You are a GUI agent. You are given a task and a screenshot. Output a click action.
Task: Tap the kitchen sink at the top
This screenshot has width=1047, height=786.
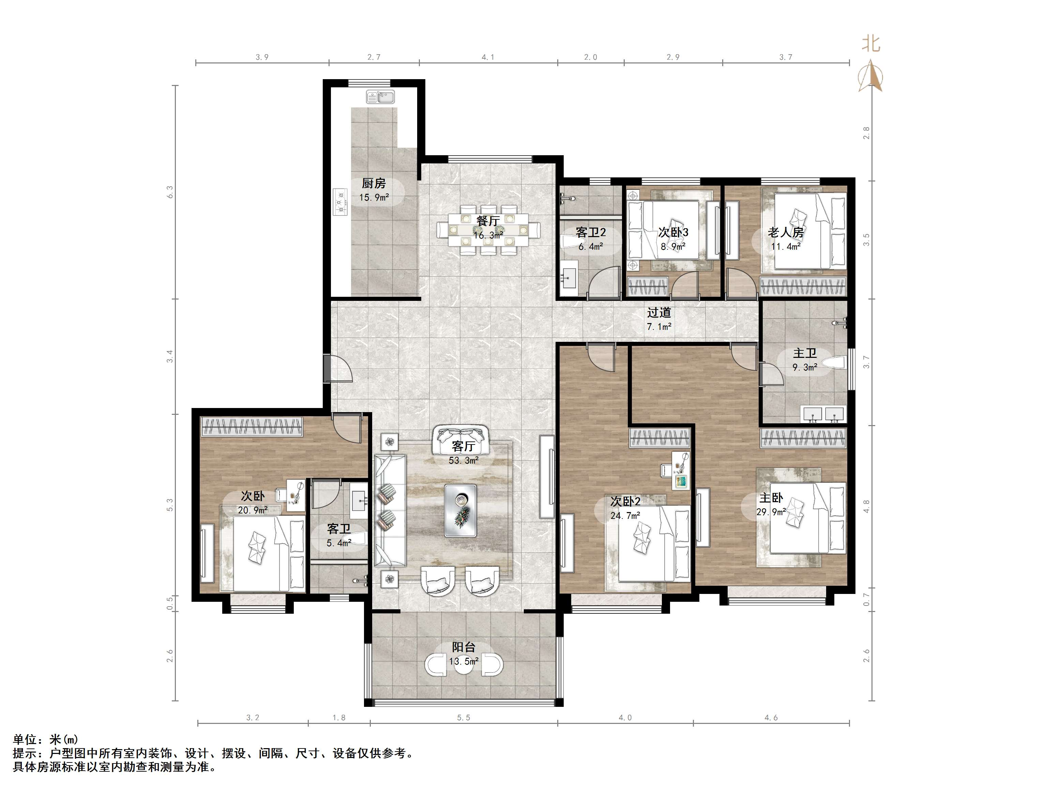point(380,97)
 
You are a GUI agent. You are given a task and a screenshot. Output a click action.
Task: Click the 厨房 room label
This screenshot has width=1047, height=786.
point(374,183)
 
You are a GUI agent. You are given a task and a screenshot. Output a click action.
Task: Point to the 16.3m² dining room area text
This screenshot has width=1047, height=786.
point(488,235)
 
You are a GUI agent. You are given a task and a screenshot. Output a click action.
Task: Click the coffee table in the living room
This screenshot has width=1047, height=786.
point(460,510)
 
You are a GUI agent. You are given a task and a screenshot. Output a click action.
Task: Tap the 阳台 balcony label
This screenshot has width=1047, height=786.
point(464,647)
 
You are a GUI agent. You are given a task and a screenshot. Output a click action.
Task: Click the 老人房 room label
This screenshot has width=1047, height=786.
point(786,233)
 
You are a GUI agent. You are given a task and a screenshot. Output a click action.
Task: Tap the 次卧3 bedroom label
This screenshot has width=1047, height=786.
point(673,233)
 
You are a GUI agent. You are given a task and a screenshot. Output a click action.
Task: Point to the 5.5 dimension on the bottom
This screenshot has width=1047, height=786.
point(464,718)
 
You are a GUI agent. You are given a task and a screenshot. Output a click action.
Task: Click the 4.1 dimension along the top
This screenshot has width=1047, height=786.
point(488,57)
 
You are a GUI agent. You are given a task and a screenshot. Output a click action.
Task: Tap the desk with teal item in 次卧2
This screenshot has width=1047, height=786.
point(681,470)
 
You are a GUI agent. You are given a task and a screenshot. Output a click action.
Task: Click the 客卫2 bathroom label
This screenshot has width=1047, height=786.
point(591,233)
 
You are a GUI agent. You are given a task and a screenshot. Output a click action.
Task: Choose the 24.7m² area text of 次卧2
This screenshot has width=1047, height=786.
point(625,515)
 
